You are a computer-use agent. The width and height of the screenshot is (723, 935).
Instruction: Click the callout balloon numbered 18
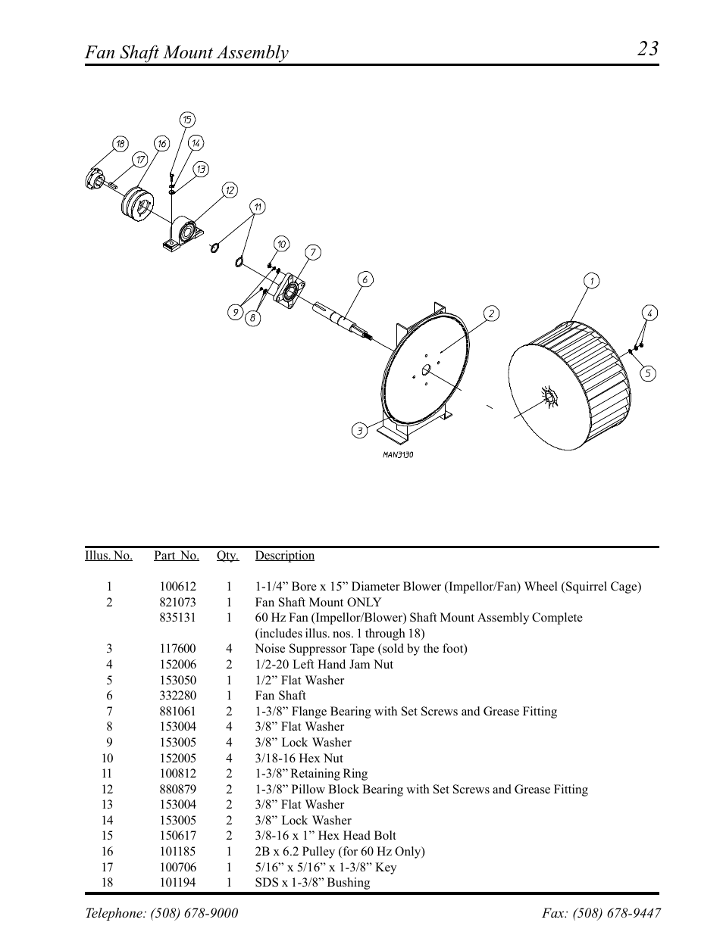(x=120, y=144)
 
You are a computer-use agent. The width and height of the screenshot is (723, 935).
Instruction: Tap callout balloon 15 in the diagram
(x=187, y=119)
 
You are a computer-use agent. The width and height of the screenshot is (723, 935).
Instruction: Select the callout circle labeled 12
(x=230, y=189)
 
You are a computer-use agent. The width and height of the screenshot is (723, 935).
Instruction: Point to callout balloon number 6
(x=365, y=279)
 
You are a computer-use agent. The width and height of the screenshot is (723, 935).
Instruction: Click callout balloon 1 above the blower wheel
(x=591, y=281)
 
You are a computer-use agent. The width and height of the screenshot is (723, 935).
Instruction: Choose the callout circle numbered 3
(x=359, y=431)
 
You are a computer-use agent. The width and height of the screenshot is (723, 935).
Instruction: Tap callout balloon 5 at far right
(x=647, y=373)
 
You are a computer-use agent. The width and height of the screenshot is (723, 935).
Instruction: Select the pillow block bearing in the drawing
(x=183, y=232)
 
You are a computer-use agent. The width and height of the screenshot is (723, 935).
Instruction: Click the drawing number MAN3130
(x=397, y=455)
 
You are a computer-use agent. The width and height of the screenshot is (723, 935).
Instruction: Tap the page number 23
(x=647, y=49)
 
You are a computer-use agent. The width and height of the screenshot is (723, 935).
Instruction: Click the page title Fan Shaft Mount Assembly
(x=186, y=52)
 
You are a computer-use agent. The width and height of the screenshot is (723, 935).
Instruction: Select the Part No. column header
(x=177, y=556)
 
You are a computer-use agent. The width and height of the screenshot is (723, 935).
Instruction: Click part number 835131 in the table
(x=177, y=618)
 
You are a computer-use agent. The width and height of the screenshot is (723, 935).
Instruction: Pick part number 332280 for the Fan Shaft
(x=177, y=696)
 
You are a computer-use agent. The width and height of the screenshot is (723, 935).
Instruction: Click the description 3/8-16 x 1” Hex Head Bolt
(x=325, y=836)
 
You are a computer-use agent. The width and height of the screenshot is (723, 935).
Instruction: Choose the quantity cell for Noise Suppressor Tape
(x=228, y=649)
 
